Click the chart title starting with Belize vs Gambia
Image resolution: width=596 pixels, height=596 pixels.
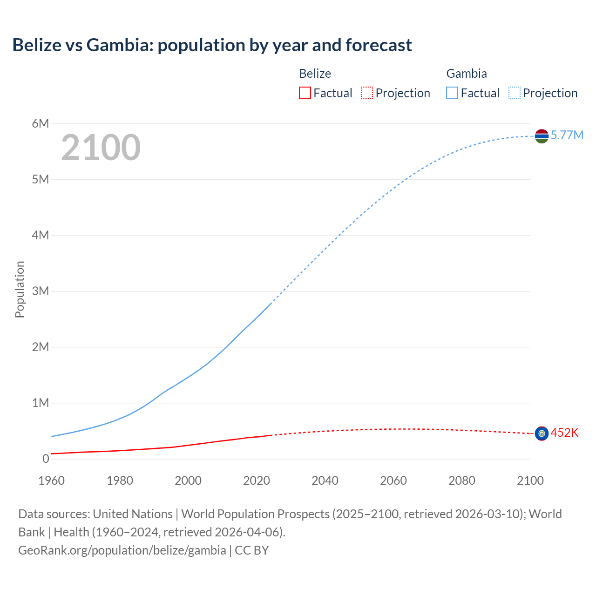[x=212, y=45]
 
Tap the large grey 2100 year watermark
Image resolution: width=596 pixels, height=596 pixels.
[x=101, y=148]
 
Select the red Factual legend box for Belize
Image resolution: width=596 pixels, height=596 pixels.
[x=305, y=93]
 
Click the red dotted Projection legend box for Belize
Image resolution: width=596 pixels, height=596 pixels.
[x=367, y=93]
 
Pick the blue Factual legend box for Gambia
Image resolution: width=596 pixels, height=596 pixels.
[x=452, y=93]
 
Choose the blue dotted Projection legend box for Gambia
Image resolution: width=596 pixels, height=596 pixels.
[x=514, y=93]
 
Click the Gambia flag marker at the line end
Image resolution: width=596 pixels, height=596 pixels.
[x=542, y=136]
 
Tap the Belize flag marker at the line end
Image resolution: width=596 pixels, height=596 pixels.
[x=542, y=433]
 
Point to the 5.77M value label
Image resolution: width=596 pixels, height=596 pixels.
[x=567, y=135]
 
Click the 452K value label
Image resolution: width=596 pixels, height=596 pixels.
[x=564, y=433]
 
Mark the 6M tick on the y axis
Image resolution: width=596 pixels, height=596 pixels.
[x=41, y=123]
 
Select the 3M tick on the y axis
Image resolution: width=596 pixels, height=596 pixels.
[x=41, y=291]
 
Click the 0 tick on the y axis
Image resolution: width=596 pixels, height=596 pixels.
[x=46, y=459]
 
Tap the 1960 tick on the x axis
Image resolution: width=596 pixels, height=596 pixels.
[x=51, y=481]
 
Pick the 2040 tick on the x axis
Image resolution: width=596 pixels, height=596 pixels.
[x=325, y=481]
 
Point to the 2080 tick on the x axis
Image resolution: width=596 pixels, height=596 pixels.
[x=462, y=481]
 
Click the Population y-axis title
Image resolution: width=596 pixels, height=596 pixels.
[x=20, y=289]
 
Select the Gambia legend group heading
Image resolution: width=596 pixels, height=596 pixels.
[x=467, y=74]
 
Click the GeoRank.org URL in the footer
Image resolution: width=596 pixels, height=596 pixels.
[x=122, y=550]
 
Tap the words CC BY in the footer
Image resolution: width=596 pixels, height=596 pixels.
[x=252, y=550]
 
